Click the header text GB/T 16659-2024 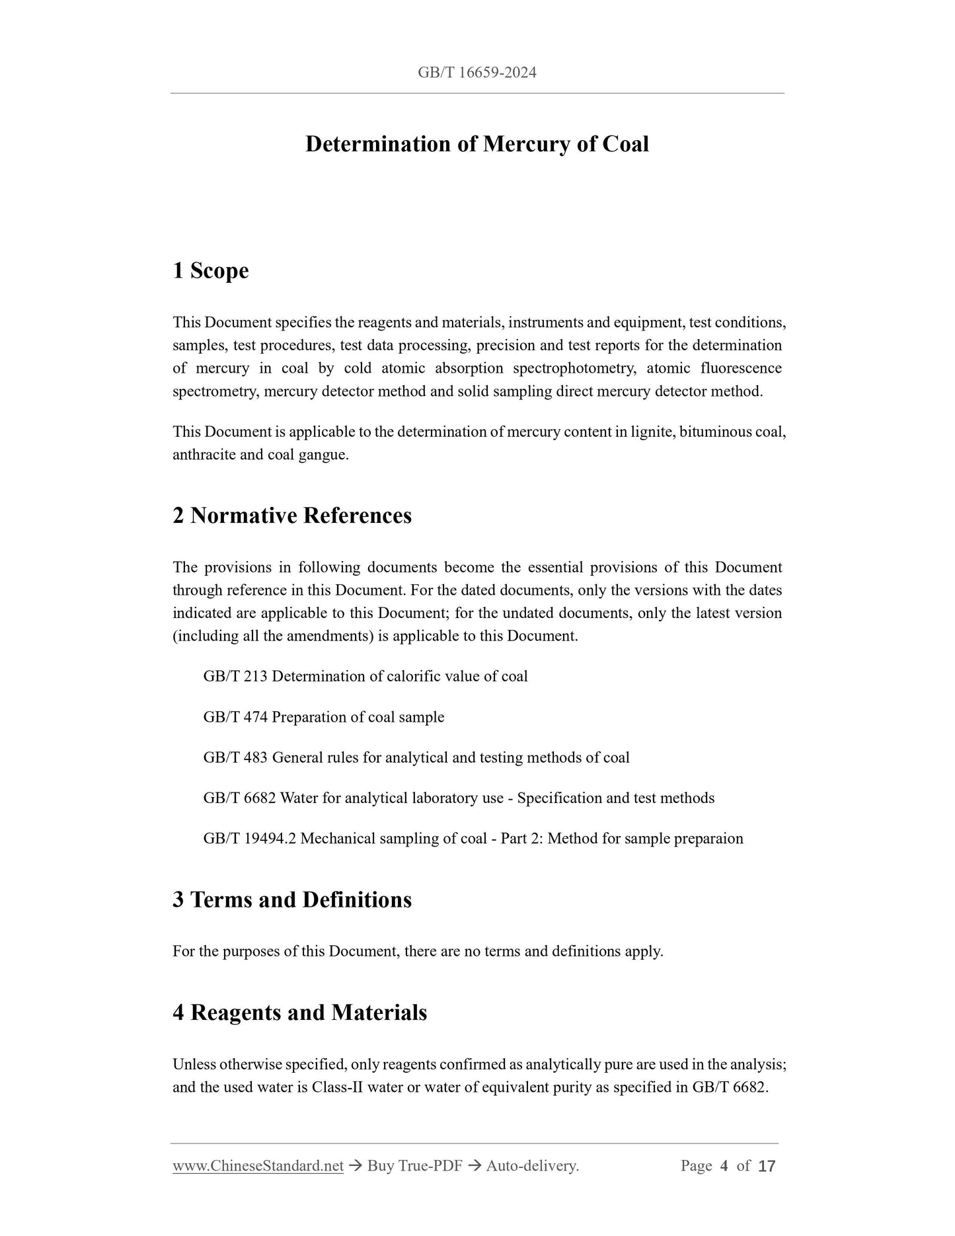pos(477,73)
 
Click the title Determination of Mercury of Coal pos(477,144)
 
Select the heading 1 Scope pos(210,270)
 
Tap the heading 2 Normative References pos(291,516)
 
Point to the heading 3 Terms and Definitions pos(291,900)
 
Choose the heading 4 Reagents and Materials pos(299,1013)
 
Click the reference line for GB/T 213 pos(365,676)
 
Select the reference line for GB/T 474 pos(324,717)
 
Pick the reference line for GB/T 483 pos(416,757)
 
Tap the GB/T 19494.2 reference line pos(473,839)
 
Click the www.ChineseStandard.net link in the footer pos(258,1166)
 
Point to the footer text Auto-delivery pos(532,1166)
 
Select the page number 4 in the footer pos(724,1166)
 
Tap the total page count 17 pos(766,1166)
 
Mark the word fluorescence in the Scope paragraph pos(741,368)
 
